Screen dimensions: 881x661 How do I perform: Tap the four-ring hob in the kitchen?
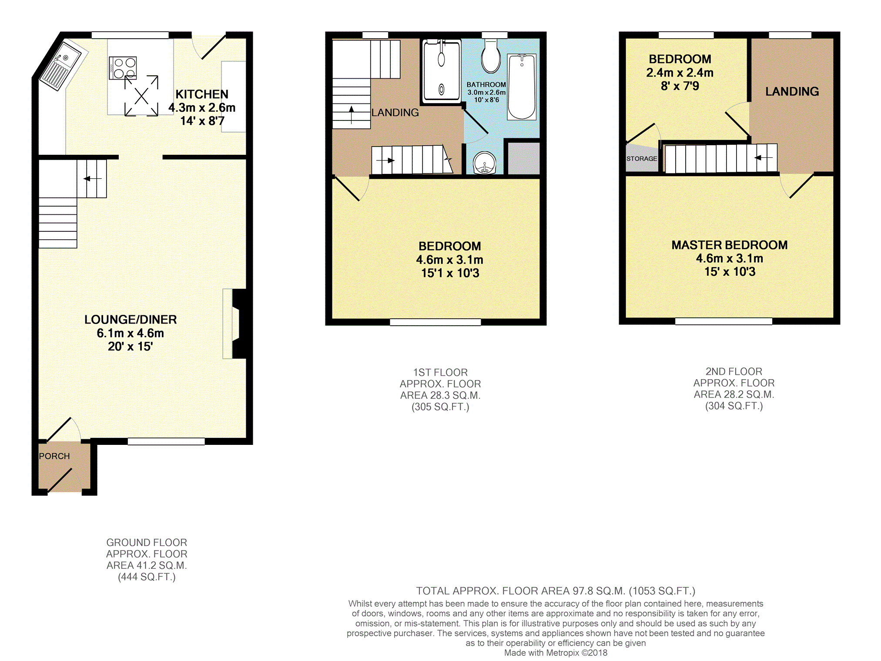pos(123,68)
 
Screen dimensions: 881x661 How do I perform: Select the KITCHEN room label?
pos(202,94)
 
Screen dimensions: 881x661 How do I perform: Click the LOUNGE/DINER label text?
pos(131,320)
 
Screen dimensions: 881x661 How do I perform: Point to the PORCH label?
pos(54,456)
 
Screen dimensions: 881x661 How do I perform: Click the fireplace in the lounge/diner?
pos(237,324)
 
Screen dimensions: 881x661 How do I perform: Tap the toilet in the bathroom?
pos(491,56)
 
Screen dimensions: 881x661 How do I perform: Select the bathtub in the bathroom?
pos(522,87)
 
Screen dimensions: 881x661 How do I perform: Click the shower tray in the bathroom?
pos(442,71)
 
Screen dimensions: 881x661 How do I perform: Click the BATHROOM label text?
pos(486,85)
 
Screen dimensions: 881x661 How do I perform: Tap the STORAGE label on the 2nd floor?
pos(642,159)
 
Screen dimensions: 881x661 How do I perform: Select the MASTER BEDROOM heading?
pos(730,245)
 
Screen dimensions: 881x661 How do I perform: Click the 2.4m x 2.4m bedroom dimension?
pos(680,73)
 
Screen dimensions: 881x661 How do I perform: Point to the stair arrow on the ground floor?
pos(92,179)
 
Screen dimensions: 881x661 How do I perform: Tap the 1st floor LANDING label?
pos(395,113)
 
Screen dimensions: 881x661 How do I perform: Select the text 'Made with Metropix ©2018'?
pos(556,653)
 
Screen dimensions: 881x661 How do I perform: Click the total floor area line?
pos(556,591)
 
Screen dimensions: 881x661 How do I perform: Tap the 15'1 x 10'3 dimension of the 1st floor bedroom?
pos(450,273)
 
